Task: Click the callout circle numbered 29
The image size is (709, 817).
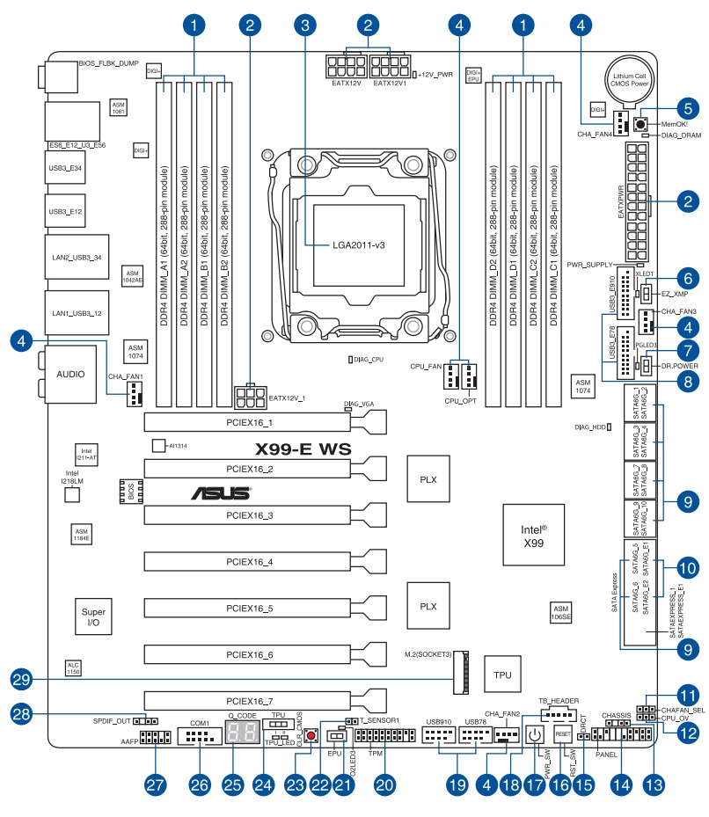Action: coord(23,679)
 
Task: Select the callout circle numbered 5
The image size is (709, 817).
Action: coord(688,109)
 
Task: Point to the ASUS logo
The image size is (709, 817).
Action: coord(220,493)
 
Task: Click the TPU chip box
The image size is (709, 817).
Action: coord(502,675)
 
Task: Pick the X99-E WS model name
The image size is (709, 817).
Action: coord(303,449)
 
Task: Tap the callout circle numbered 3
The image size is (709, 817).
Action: coord(304,26)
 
